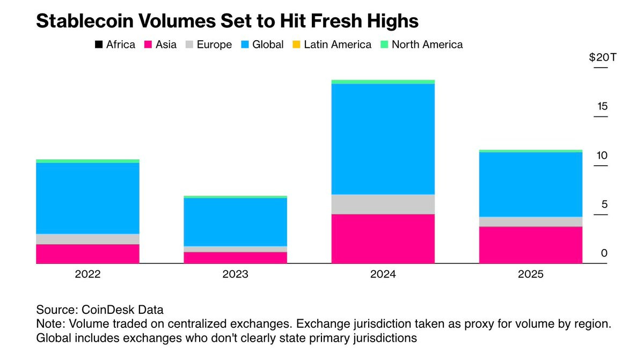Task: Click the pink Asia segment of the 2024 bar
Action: (x=383, y=239)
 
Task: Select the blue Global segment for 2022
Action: (x=87, y=198)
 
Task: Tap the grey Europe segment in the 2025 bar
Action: (x=530, y=222)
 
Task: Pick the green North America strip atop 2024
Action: (x=383, y=82)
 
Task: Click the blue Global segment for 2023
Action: (x=235, y=222)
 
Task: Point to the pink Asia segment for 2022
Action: (x=87, y=254)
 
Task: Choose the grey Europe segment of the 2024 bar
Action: (x=383, y=204)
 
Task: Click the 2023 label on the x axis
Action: (x=235, y=275)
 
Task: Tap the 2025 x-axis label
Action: (x=530, y=275)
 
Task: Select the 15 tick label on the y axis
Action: (x=602, y=106)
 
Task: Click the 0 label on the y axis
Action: (x=604, y=253)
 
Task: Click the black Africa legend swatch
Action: (x=99, y=45)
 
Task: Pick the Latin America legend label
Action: (x=337, y=45)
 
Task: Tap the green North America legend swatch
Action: (x=384, y=45)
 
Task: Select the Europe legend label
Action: (x=214, y=45)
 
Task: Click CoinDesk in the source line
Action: (x=104, y=310)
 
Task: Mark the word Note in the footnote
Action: (x=48, y=325)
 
